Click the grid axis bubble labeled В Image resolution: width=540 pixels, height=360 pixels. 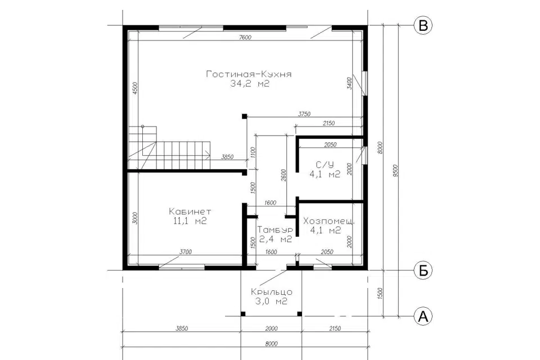pyautogui.click(x=422, y=25)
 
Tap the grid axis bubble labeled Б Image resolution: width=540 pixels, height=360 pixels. pyautogui.click(x=422, y=271)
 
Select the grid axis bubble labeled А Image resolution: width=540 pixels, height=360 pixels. pyautogui.click(x=422, y=316)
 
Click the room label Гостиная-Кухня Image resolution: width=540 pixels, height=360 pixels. pyautogui.click(x=249, y=74)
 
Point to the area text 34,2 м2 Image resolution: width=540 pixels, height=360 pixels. pyautogui.click(x=250, y=84)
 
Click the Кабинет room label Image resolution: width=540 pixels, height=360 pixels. pyautogui.click(x=190, y=211)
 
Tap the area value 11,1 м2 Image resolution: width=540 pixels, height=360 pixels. pyautogui.click(x=190, y=221)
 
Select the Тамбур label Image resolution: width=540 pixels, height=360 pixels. pyautogui.click(x=275, y=229)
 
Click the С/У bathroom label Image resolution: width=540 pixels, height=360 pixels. pyautogui.click(x=325, y=164)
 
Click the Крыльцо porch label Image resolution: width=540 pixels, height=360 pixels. pyautogui.click(x=272, y=292)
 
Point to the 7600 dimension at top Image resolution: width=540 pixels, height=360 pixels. pyautogui.click(x=245, y=38)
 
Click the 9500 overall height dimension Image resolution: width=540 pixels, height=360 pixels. pyautogui.click(x=395, y=170)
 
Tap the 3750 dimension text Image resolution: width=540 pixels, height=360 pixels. pyautogui.click(x=304, y=114)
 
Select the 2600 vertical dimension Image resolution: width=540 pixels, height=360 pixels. pyautogui.click(x=283, y=175)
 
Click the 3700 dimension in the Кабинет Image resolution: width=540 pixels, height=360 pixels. pyautogui.click(x=186, y=252)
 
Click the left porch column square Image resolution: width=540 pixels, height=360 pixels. pyautogui.click(x=243, y=313)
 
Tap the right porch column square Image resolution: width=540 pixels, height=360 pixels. pyautogui.click(x=300, y=313)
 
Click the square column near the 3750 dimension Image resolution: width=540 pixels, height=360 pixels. pyautogui.click(x=244, y=116)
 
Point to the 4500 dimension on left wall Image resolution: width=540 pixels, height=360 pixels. pyautogui.click(x=134, y=88)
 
